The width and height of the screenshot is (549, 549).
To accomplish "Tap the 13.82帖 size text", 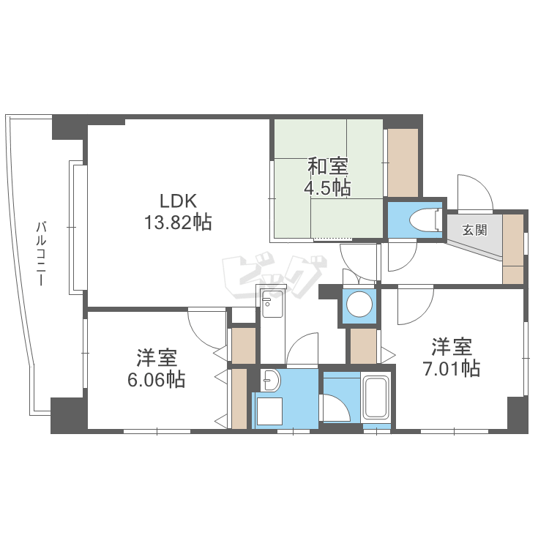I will click(x=179, y=223).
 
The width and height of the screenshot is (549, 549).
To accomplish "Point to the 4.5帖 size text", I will click(x=327, y=187).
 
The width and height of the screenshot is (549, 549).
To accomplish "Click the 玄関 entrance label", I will click(x=474, y=230).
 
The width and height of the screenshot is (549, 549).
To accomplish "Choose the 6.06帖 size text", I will click(x=157, y=380).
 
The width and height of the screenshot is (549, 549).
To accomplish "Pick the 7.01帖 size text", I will click(x=451, y=367).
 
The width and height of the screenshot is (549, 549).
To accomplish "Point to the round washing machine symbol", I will click(x=359, y=305).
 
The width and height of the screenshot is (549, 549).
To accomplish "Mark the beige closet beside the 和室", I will click(x=403, y=163).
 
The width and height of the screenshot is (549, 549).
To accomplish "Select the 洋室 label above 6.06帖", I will click(x=157, y=359).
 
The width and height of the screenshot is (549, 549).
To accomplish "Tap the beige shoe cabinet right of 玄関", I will click(x=514, y=248).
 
